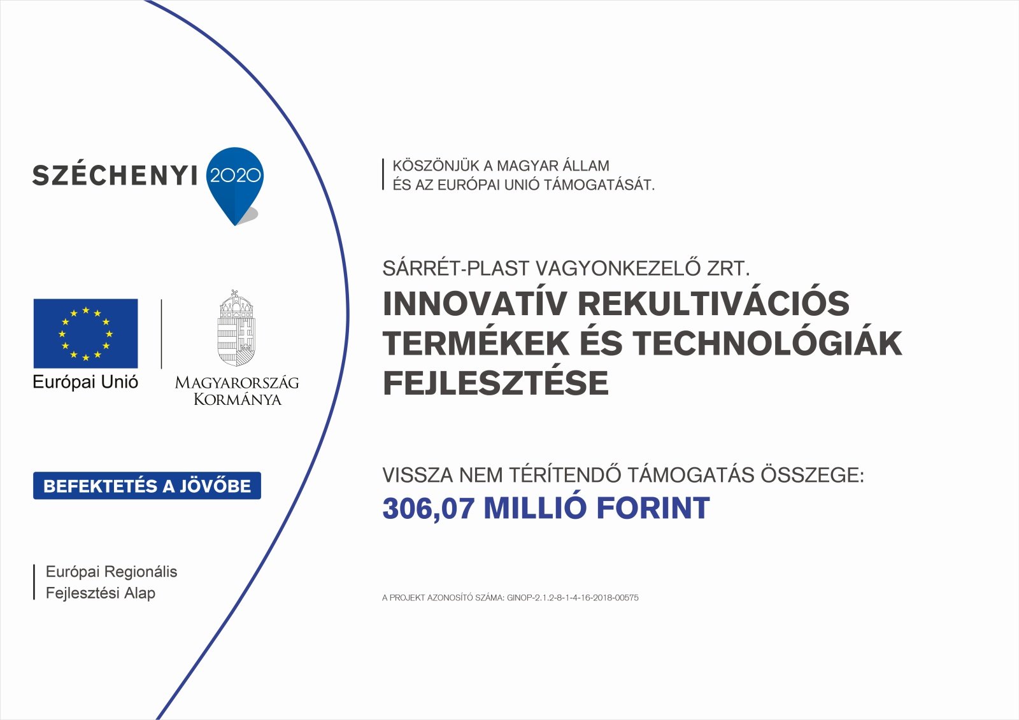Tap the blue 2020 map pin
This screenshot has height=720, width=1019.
pos(235,184)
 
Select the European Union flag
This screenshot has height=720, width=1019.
pos(85,334)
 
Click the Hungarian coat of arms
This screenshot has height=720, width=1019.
pos(236,328)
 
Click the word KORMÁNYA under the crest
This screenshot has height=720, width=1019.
pos(238,400)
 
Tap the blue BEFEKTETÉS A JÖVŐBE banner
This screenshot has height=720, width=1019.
pos(147,486)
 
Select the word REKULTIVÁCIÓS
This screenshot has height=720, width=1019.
pos(714,303)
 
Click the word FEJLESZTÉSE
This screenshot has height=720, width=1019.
pos(496,383)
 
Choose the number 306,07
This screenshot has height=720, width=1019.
pos(429,509)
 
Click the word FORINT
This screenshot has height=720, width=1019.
pos(653,508)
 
